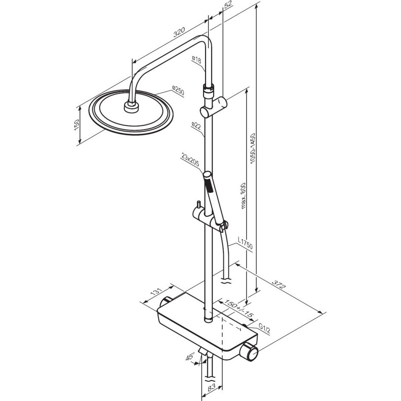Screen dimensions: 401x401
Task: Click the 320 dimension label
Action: (x=179, y=32)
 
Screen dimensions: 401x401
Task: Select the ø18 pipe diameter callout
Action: (x=196, y=60)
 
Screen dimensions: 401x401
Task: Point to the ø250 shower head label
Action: (x=178, y=90)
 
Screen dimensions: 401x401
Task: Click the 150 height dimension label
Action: (x=77, y=125)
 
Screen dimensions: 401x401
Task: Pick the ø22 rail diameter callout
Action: (x=196, y=126)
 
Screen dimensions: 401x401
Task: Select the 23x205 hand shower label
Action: (x=190, y=159)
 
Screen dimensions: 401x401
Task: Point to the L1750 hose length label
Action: (x=245, y=243)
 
